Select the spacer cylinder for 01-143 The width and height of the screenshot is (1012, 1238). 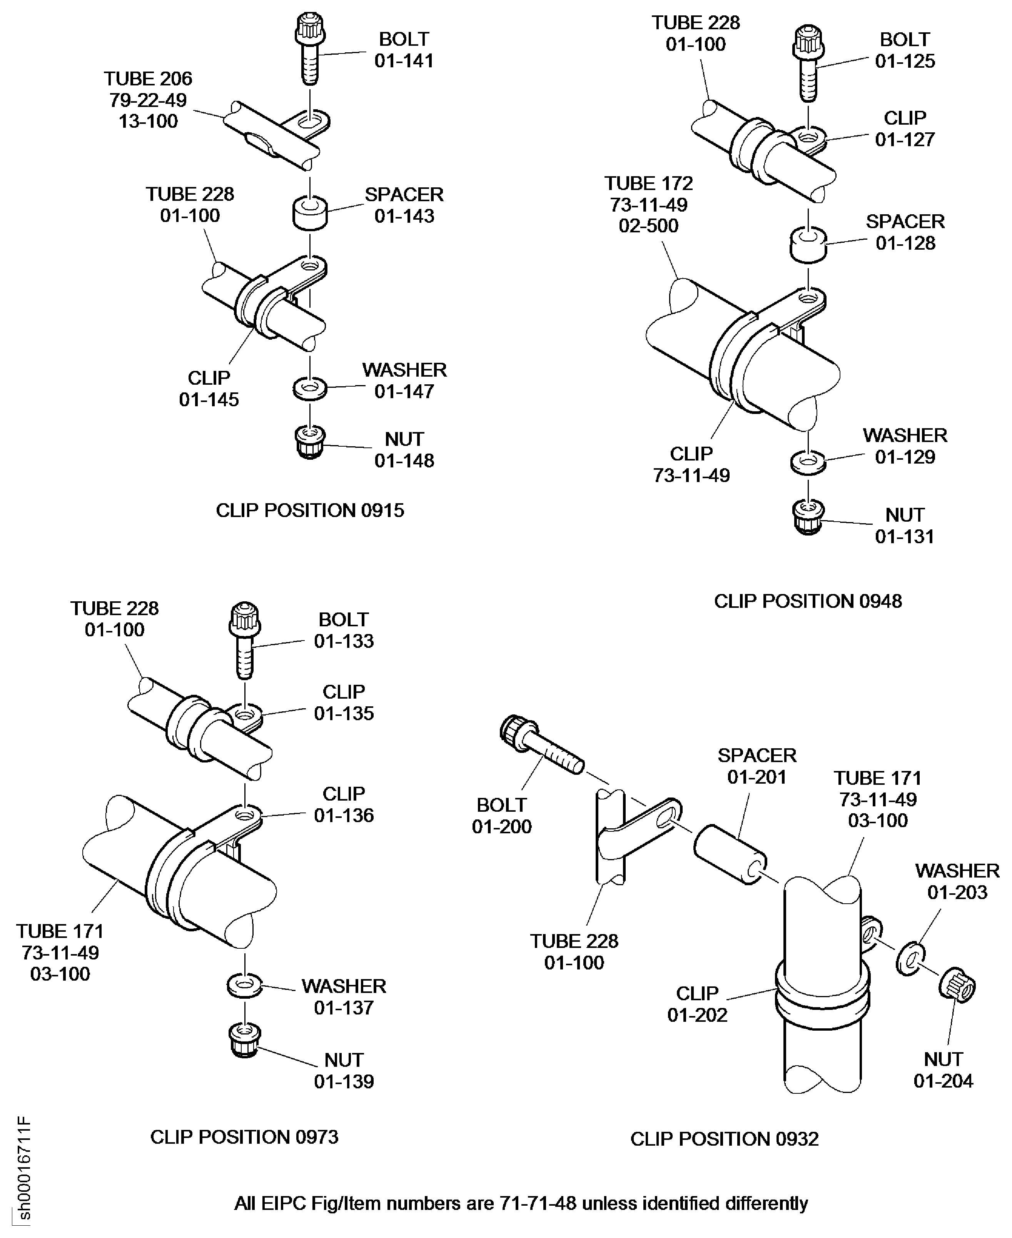point(309,214)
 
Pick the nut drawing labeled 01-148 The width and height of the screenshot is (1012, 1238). point(310,443)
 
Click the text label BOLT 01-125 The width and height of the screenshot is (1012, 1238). point(904,50)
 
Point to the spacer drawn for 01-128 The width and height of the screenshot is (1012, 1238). point(808,245)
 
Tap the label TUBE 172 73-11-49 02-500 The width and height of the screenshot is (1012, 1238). point(648,205)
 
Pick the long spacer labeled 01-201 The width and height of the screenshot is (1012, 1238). point(729,854)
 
